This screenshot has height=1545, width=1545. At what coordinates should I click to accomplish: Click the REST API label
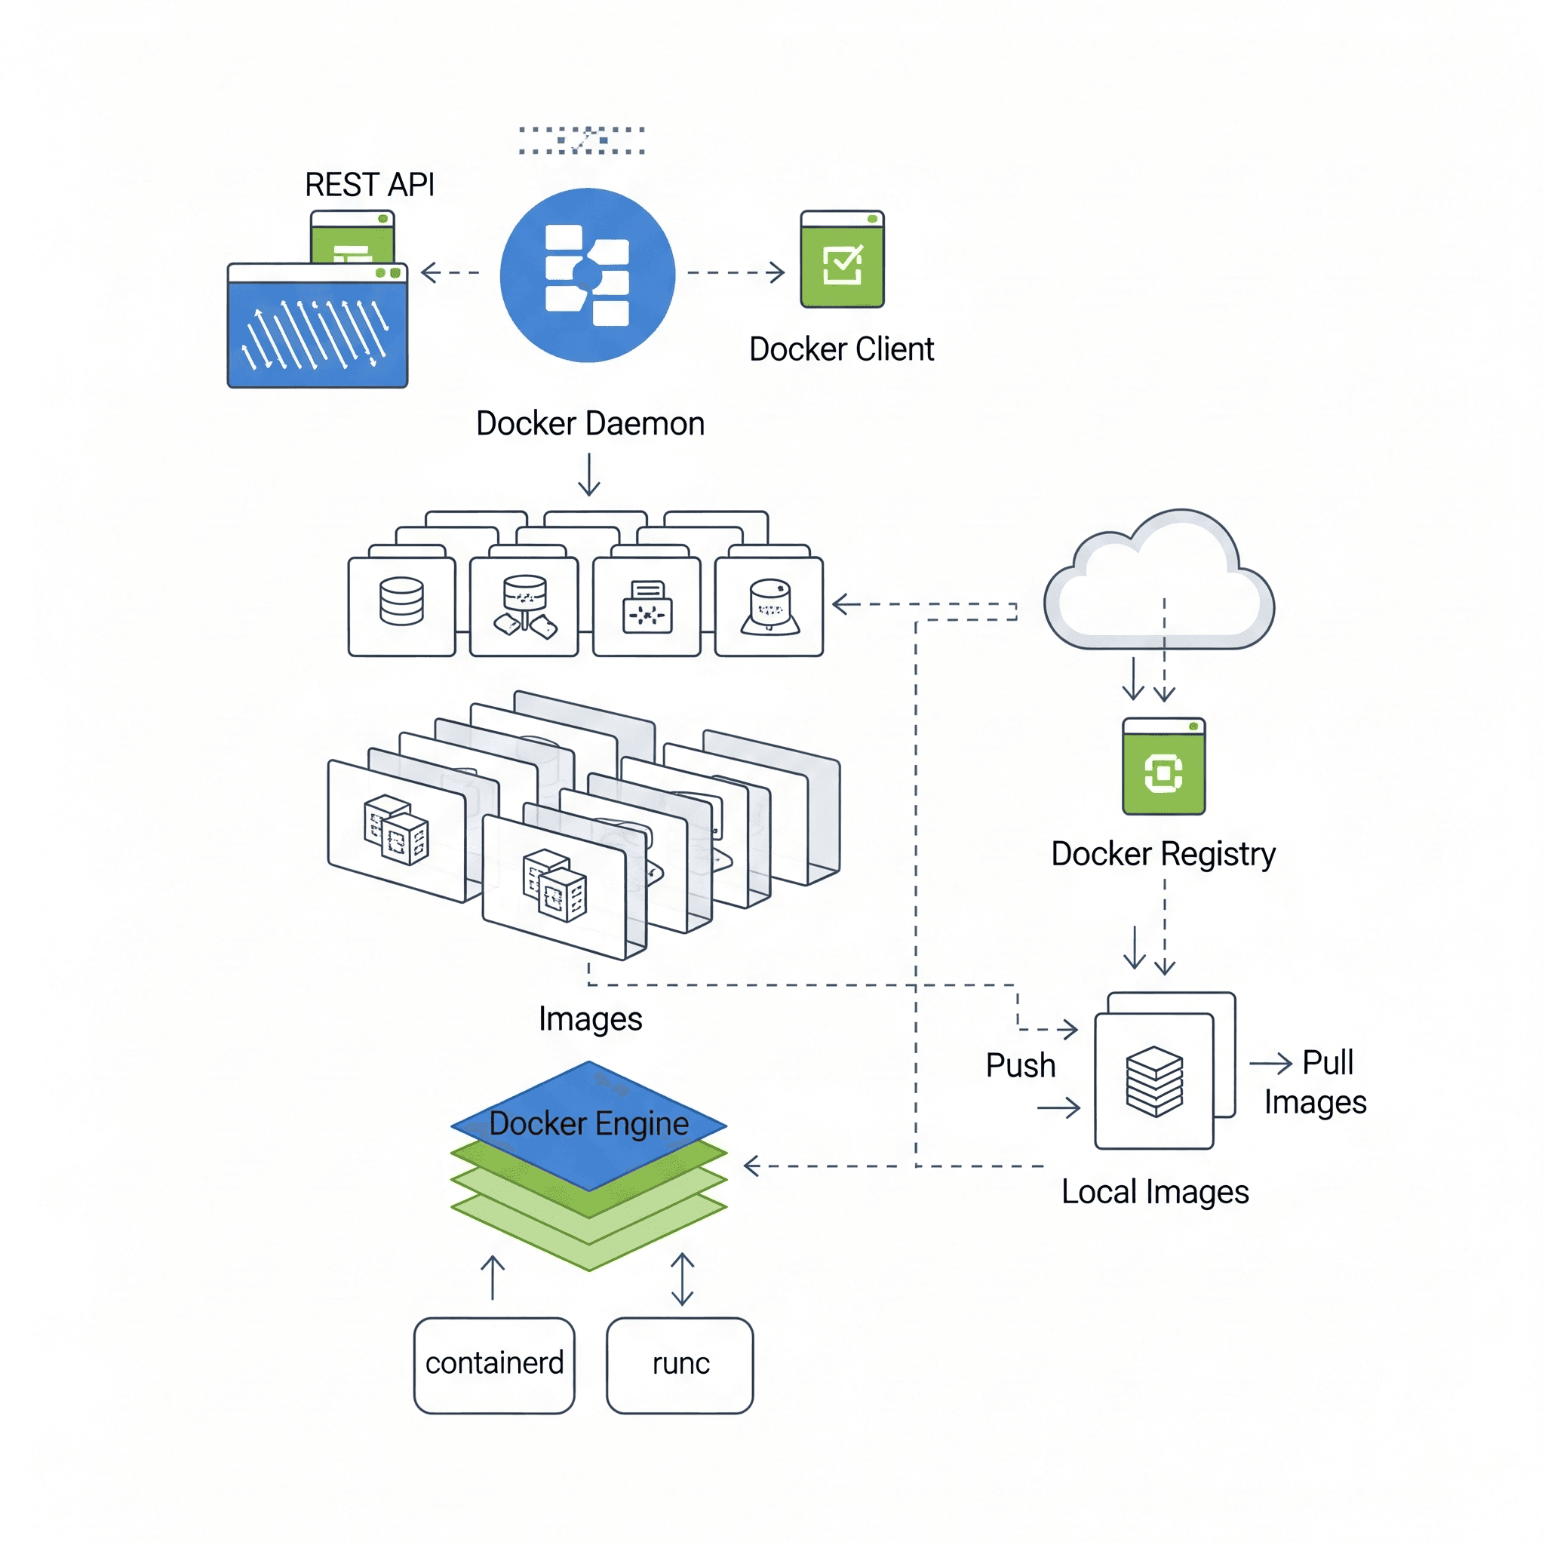[x=370, y=185]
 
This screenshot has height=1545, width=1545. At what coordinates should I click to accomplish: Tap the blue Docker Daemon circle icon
[x=588, y=275]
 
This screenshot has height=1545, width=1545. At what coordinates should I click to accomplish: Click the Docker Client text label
[x=841, y=349]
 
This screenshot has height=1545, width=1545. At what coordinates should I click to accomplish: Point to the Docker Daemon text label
[x=590, y=424]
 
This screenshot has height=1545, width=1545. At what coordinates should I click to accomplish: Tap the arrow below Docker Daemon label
[x=589, y=475]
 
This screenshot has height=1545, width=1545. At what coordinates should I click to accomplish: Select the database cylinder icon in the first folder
[x=401, y=601]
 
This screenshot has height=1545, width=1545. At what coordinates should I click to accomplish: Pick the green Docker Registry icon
[x=1163, y=767]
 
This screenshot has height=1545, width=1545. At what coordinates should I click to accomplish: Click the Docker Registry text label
[x=1163, y=854]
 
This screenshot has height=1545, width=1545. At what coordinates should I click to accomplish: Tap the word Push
[x=1021, y=1066]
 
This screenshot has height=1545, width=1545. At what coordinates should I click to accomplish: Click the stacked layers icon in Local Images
[x=1154, y=1081]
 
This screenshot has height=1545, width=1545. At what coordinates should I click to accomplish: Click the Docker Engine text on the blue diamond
[x=588, y=1123]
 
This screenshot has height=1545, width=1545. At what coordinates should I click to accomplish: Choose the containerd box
[x=494, y=1363]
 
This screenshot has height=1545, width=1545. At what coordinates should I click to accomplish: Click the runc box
[x=680, y=1363]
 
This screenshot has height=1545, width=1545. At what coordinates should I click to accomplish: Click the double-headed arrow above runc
[x=682, y=1279]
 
